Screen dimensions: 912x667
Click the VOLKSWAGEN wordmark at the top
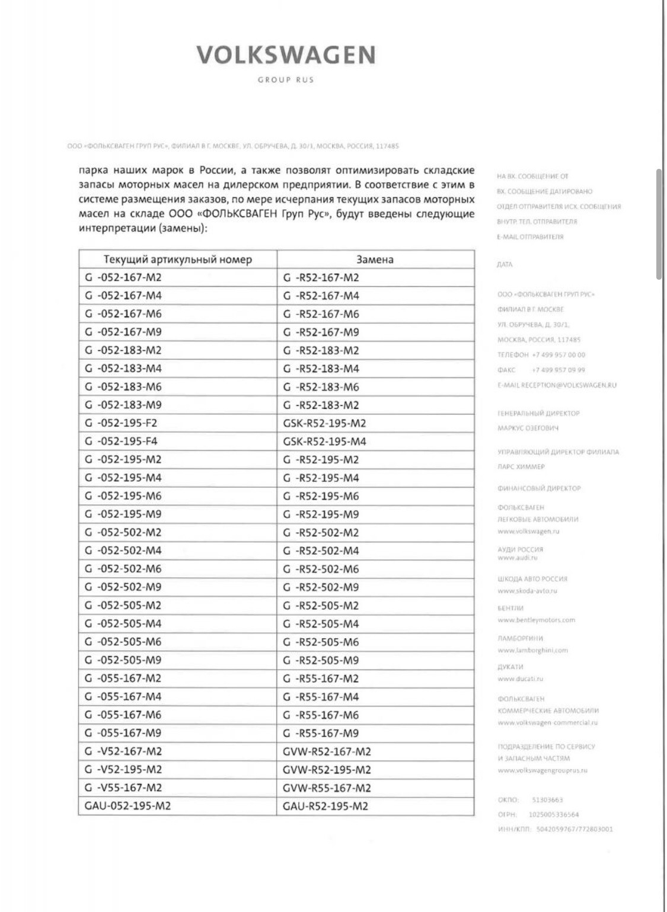[286, 55]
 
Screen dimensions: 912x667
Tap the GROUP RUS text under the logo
[285, 80]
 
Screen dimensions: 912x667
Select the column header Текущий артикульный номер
[178, 260]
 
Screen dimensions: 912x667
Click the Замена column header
[375, 260]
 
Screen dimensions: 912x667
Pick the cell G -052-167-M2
[123, 277]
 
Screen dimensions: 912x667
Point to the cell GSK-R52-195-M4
[324, 441]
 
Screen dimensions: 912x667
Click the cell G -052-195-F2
[121, 423]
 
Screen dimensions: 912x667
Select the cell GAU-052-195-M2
[128, 806]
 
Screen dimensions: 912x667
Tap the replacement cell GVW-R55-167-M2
[327, 788]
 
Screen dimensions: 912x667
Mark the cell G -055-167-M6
[123, 715]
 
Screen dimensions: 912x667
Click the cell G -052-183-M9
[123, 405]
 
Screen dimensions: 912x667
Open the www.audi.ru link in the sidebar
[518, 558]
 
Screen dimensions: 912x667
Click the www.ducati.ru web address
[520, 679]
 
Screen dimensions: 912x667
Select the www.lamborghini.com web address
[532, 650]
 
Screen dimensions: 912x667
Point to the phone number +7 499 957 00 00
[559, 355]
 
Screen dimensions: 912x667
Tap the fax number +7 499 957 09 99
[559, 370]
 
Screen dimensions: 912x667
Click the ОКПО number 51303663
[547, 799]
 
